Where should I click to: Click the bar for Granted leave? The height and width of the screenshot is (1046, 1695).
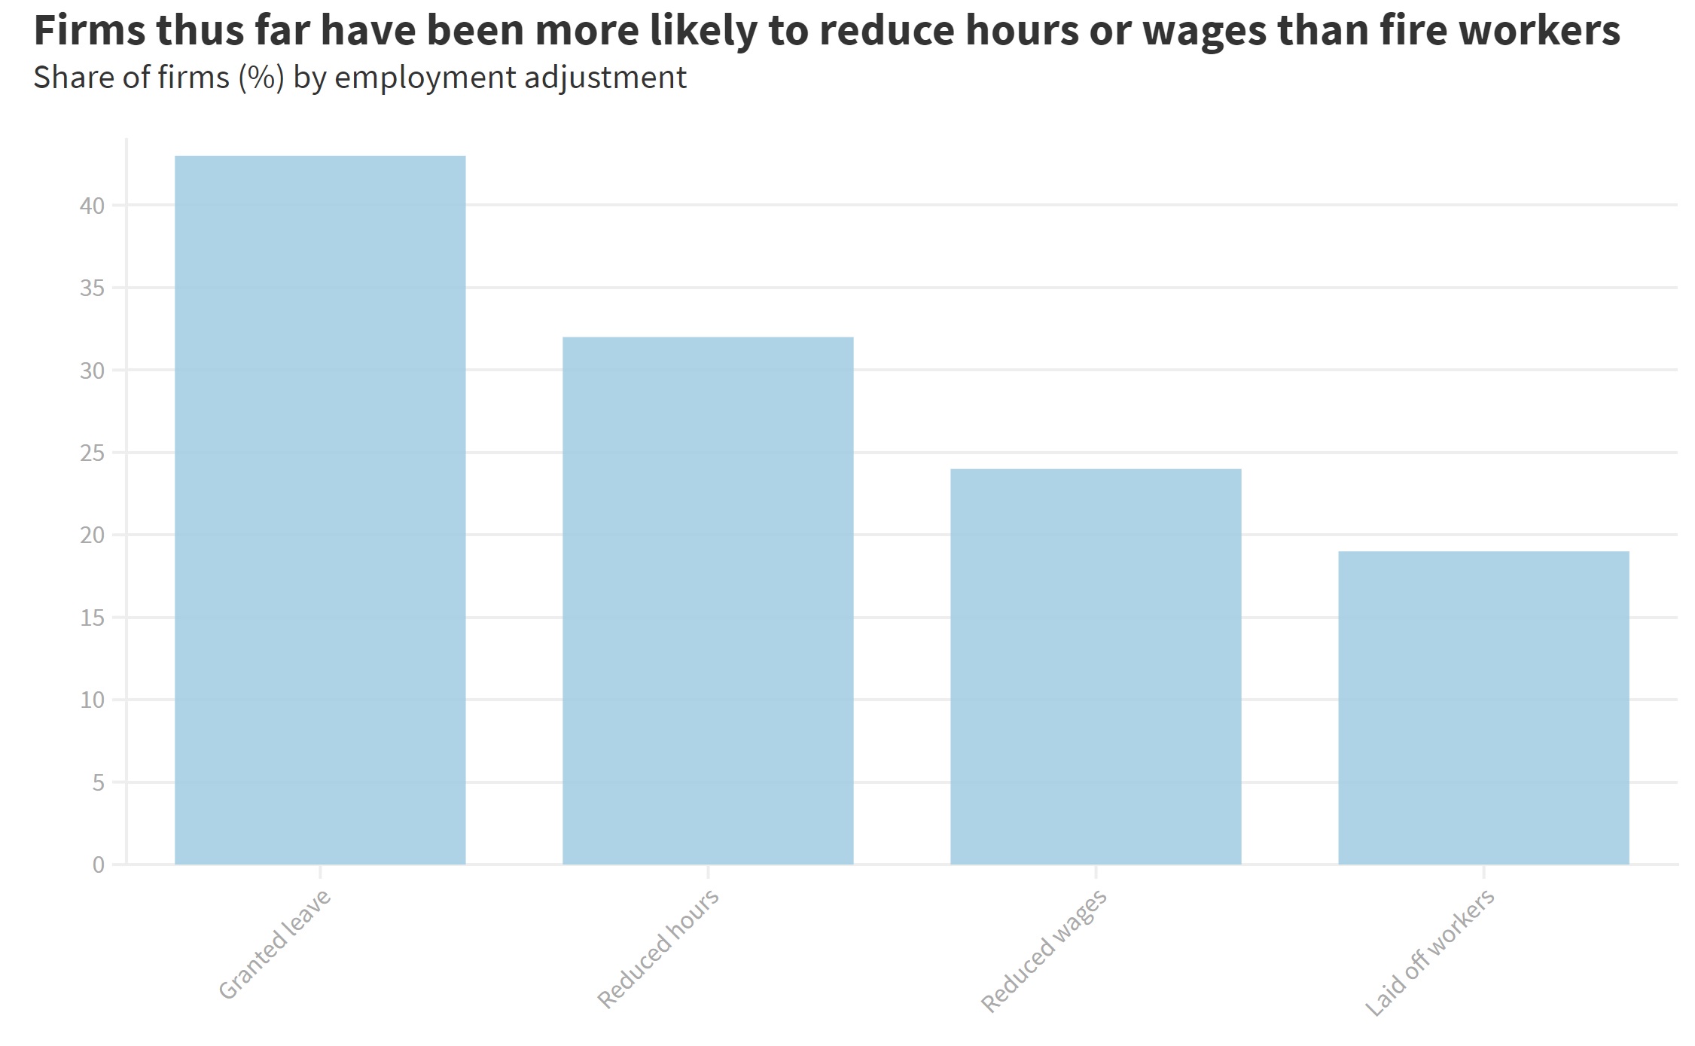[x=320, y=510]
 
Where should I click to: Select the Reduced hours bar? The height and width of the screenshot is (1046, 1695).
[x=708, y=600]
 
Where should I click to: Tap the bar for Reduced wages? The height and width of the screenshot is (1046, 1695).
[x=1096, y=666]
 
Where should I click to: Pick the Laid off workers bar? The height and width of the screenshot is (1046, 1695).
[x=1483, y=708]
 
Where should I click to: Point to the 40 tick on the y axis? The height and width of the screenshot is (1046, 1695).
[x=92, y=206]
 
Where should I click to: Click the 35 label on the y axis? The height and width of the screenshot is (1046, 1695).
[x=92, y=288]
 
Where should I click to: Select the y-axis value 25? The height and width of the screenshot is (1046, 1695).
[x=92, y=453]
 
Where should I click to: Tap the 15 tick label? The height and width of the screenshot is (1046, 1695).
[x=92, y=618]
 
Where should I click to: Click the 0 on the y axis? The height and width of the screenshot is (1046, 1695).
[x=99, y=865]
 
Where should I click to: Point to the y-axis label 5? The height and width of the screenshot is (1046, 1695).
[x=99, y=783]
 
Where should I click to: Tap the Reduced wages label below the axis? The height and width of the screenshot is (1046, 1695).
[x=1044, y=950]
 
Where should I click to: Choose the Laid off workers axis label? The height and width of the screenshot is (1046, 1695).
[x=1430, y=952]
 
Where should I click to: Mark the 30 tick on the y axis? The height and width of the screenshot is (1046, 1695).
[x=92, y=371]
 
